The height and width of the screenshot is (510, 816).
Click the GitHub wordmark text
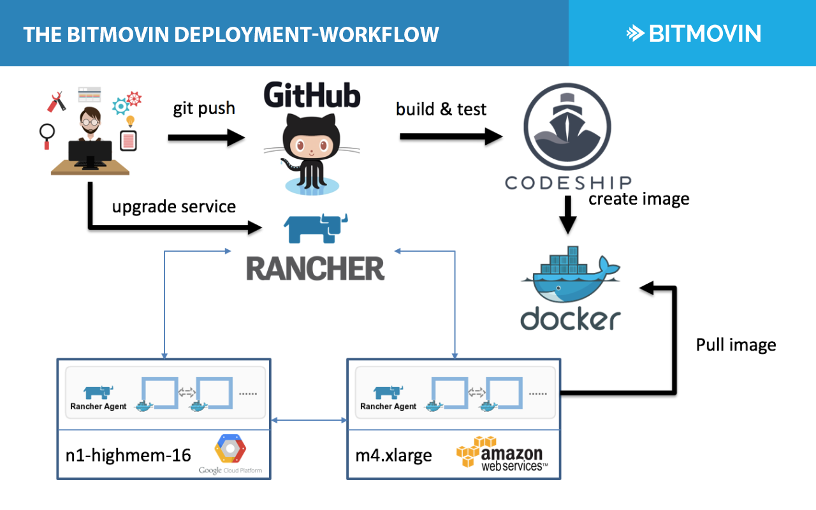click(x=312, y=96)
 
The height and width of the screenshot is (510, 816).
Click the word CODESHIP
click(x=568, y=183)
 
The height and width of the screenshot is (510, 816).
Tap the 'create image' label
click(x=639, y=199)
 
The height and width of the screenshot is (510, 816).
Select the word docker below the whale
click(x=570, y=319)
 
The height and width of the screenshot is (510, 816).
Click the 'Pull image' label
click(x=736, y=346)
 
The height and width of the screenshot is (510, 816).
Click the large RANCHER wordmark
click(x=316, y=269)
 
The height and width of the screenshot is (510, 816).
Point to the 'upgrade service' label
click(x=174, y=207)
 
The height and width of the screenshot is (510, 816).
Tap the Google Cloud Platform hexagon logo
click(x=230, y=449)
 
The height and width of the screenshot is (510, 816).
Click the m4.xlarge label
click(x=393, y=455)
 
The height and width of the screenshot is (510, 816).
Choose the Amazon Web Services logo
click(x=502, y=454)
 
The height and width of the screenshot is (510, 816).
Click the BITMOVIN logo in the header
click(x=693, y=33)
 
